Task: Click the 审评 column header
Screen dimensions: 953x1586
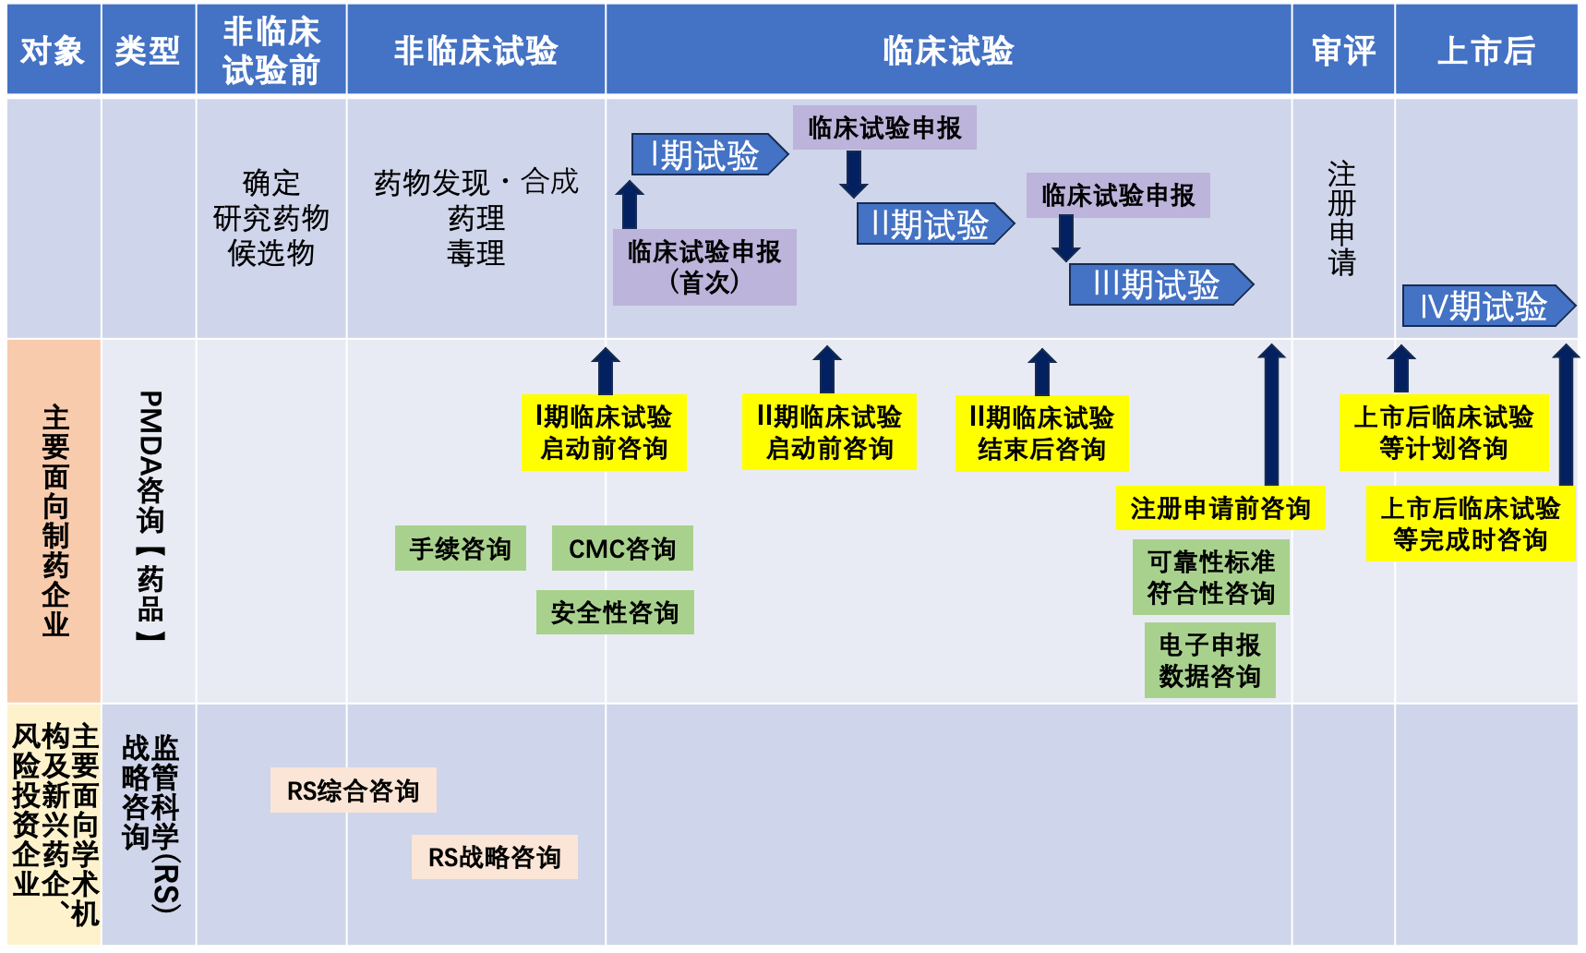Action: (1342, 50)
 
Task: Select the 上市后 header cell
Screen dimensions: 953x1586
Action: (1485, 50)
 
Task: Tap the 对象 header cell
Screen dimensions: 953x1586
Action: (53, 50)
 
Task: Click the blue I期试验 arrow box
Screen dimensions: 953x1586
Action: (706, 155)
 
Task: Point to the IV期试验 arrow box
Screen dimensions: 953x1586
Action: (1484, 306)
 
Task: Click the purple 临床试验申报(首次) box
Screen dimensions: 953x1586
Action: (704, 266)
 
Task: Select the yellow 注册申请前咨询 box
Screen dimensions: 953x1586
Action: (1220, 508)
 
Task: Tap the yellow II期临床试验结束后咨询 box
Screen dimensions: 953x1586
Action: (1041, 433)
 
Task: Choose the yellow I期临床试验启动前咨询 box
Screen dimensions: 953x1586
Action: (604, 432)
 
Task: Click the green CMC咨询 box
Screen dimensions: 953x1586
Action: (621, 549)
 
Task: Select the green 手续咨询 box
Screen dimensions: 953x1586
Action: (460, 549)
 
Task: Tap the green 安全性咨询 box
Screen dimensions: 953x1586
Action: (615, 612)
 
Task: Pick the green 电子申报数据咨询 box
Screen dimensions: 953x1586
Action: (1209, 660)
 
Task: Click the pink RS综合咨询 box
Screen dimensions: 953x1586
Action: (353, 790)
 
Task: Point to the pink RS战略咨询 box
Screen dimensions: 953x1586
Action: (494, 857)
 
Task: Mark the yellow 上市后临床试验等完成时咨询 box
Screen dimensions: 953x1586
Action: (1470, 524)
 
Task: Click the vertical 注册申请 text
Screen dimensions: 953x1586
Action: (1341, 218)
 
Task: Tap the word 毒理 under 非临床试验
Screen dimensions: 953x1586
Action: (475, 253)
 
